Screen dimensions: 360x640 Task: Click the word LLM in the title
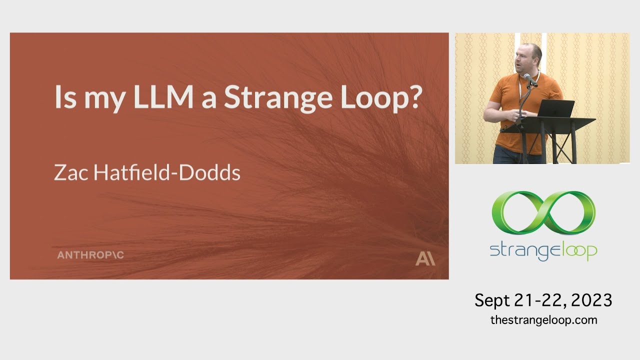tap(162, 97)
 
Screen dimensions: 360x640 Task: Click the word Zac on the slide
tap(68, 172)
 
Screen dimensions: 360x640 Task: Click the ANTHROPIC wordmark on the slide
tap(90, 255)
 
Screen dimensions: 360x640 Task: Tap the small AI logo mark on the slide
tap(425, 259)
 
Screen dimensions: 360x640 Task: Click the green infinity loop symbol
tap(543, 212)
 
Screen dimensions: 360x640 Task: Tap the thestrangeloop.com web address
tap(543, 320)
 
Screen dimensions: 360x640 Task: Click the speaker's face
tap(530, 59)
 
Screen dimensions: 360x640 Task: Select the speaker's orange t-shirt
tap(515, 100)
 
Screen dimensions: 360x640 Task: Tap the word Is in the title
tap(64, 97)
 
